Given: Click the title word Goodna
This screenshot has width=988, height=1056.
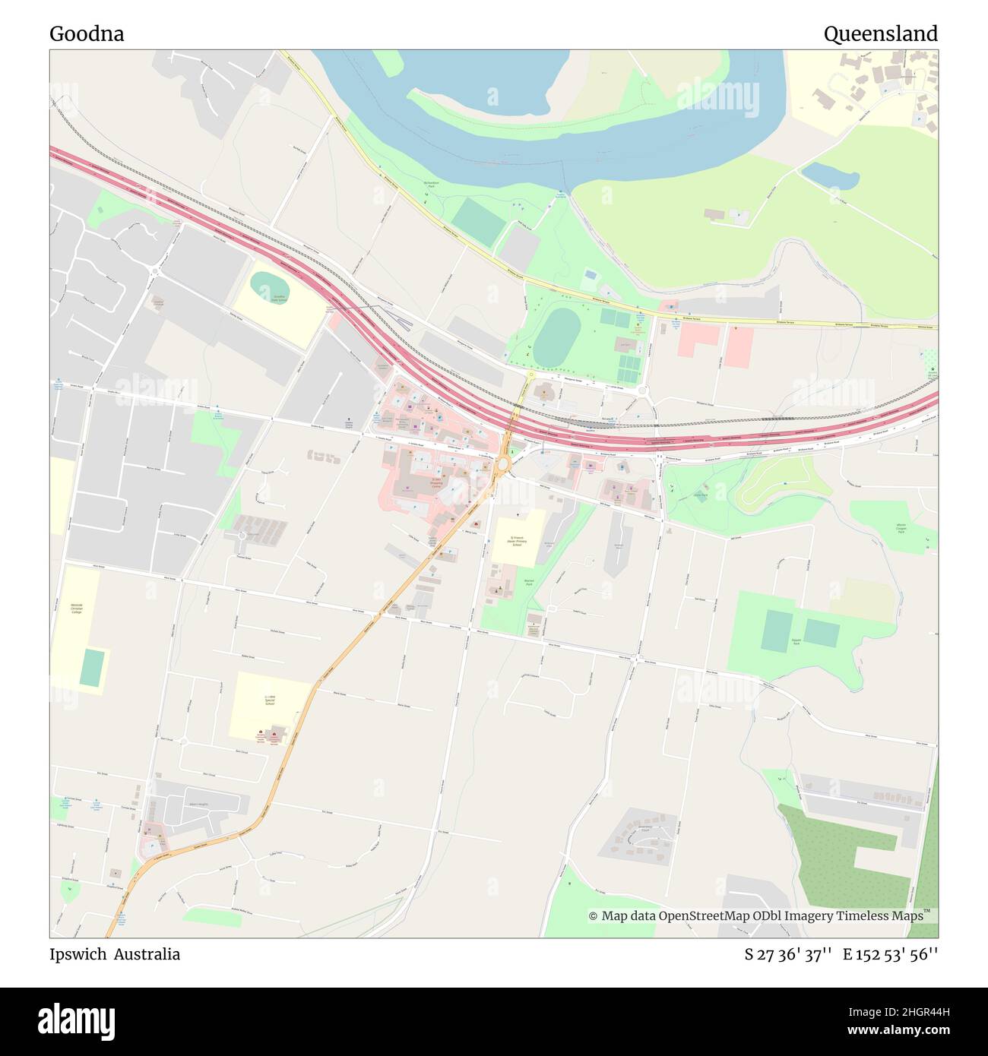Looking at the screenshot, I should [87, 34].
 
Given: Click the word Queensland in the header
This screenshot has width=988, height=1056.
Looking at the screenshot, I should [880, 34].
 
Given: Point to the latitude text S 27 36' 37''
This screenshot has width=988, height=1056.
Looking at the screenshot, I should [788, 955].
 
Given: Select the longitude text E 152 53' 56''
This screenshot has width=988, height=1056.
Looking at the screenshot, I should [890, 955].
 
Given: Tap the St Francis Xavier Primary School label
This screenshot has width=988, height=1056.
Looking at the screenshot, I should [518, 540].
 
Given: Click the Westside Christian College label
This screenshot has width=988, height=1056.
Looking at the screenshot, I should [76, 608].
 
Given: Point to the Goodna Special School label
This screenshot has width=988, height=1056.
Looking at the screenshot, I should [269, 700].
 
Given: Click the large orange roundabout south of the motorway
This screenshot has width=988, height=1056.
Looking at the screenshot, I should [502, 463].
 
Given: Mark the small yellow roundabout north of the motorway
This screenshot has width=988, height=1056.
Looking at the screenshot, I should [530, 375].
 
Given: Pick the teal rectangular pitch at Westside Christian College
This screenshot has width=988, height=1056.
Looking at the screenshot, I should [92, 668].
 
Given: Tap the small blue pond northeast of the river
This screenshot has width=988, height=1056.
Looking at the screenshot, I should [830, 176].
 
